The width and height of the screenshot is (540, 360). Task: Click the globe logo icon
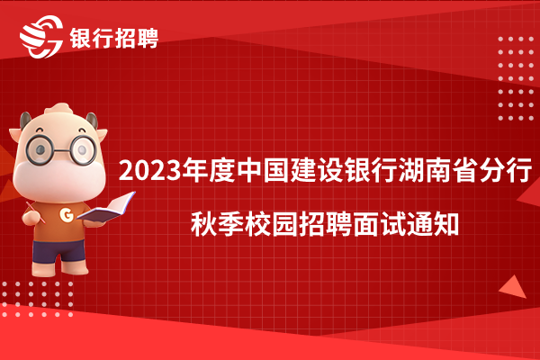click(41, 37)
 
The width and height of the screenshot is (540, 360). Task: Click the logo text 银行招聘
click(114, 38)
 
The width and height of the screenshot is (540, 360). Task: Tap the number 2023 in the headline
click(150, 170)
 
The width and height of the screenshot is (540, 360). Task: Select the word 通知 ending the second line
click(432, 224)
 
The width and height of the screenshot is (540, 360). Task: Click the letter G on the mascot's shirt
click(67, 214)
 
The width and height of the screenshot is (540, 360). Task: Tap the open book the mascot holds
click(107, 207)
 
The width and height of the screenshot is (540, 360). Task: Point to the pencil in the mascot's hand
click(35, 211)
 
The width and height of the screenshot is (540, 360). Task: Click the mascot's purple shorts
click(58, 251)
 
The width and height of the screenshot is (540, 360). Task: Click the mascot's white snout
click(59, 179)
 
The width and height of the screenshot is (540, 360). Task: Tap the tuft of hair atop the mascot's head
click(59, 109)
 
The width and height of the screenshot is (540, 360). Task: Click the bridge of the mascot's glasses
click(62, 150)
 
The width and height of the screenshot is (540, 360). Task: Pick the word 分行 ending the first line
click(506, 170)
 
